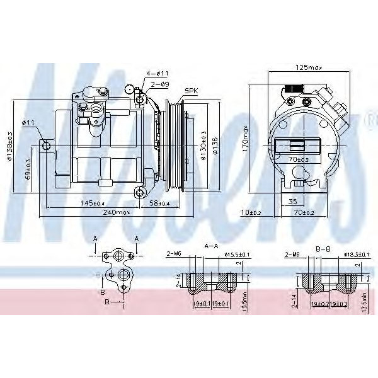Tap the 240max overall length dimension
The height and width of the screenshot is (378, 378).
118,213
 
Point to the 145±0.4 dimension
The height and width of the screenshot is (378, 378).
92,203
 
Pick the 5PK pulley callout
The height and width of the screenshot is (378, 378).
192,91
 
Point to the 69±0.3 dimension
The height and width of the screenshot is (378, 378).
28,169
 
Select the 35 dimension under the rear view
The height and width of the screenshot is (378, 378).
292,202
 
